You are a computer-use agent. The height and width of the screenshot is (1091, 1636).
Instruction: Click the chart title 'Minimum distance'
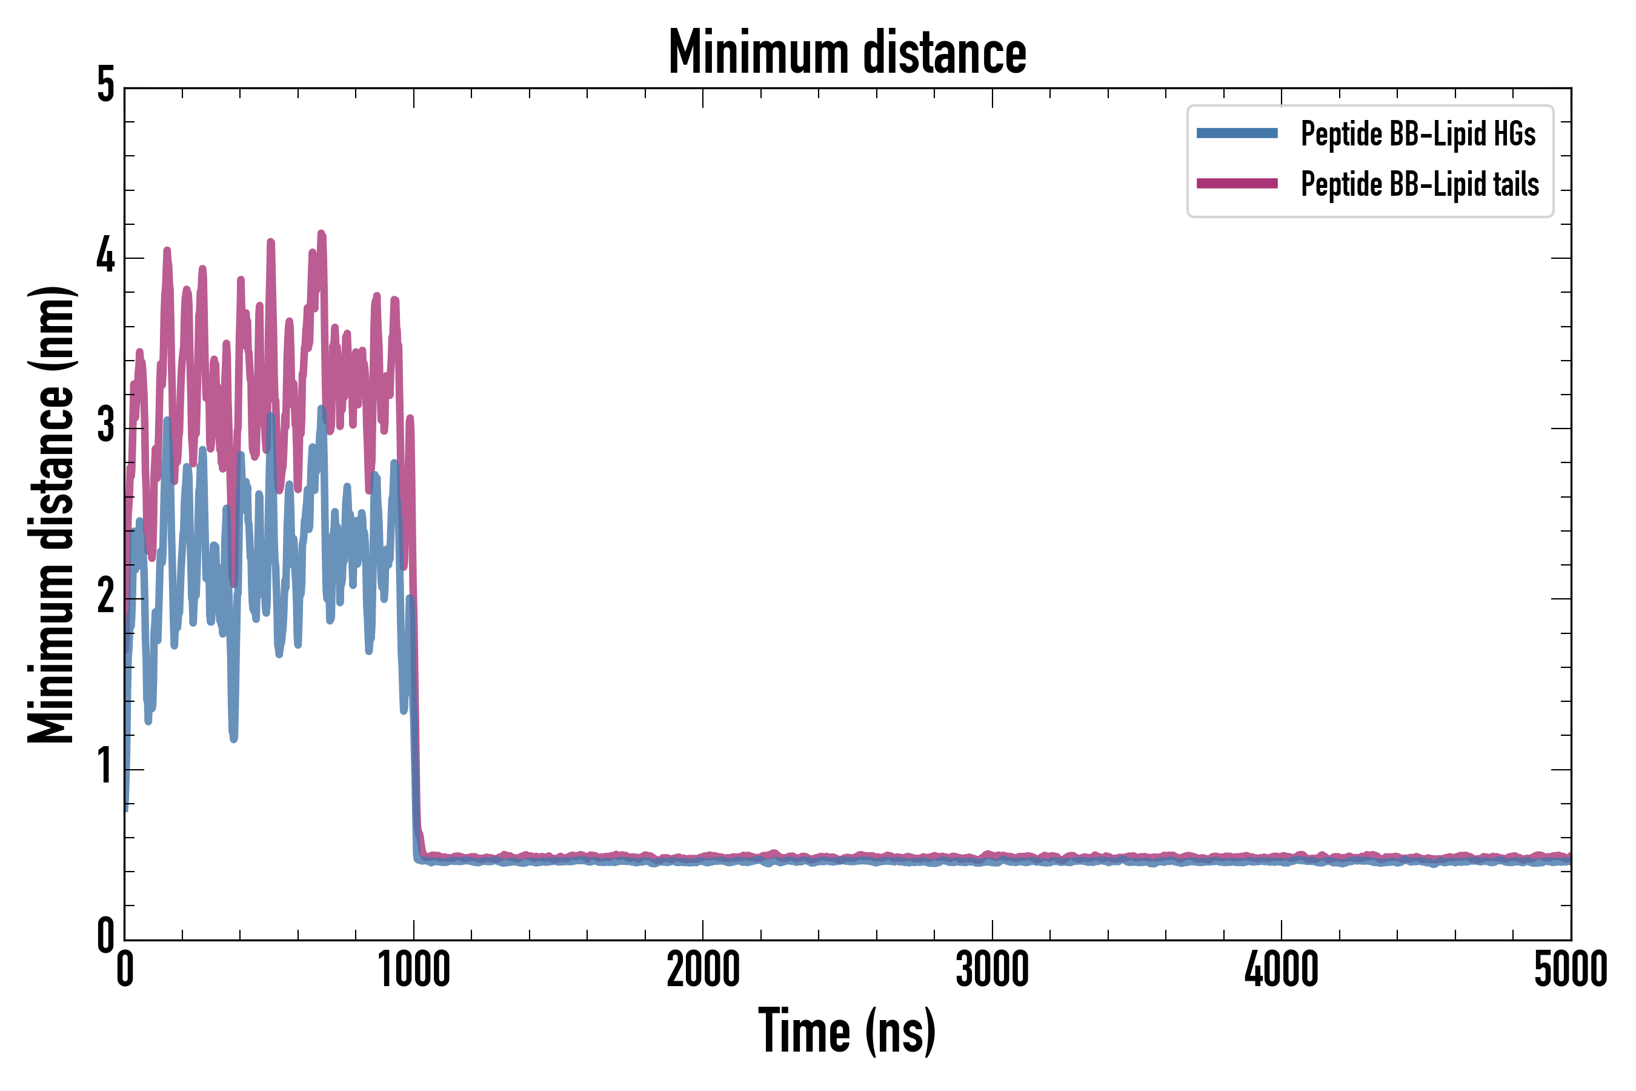click(x=846, y=53)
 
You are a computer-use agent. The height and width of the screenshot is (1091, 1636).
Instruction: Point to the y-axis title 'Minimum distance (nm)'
click(x=51, y=515)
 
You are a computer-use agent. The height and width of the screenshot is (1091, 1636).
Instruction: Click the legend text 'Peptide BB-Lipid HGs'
click(x=1418, y=133)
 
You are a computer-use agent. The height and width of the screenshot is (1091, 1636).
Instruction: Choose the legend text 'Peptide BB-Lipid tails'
click(x=1420, y=184)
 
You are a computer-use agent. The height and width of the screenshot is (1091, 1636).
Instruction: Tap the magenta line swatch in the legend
click(x=1237, y=184)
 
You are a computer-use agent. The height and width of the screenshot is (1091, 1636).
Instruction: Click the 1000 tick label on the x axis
click(x=414, y=970)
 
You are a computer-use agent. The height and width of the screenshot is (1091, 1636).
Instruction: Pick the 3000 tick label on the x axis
click(x=992, y=970)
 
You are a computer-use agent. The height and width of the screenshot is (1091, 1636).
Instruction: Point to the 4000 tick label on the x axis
click(x=1282, y=970)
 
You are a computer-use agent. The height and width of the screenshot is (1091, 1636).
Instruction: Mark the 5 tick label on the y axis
click(x=105, y=86)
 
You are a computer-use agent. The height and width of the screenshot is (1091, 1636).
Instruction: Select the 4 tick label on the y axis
click(x=105, y=257)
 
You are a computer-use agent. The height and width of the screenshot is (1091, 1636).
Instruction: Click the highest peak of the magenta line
click(x=321, y=234)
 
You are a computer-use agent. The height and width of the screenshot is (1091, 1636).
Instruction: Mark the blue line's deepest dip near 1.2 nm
click(x=234, y=739)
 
